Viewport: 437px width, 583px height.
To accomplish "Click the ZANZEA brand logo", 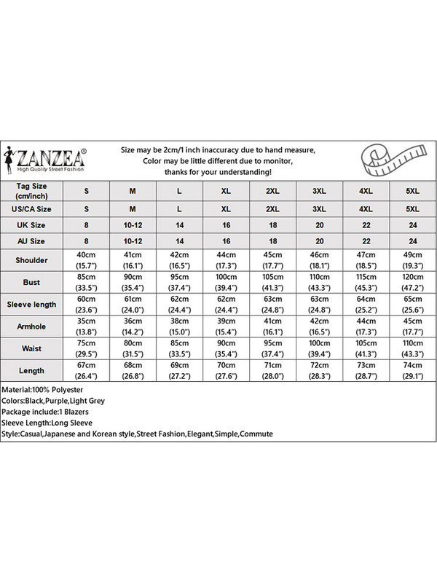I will [x=47, y=158].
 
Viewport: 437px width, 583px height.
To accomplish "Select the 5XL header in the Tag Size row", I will [x=413, y=191].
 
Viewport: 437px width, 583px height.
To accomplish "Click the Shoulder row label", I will [x=31, y=259].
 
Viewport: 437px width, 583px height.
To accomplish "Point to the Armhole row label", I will [x=31, y=326].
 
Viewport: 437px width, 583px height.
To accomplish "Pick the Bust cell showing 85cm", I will [x=86, y=281].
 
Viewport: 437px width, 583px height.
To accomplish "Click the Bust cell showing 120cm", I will [x=413, y=281].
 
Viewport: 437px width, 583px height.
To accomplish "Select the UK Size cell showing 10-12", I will [x=133, y=226].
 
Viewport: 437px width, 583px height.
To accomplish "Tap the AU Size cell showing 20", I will [x=319, y=240].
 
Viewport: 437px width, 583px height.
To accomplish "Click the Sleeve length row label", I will [x=31, y=304].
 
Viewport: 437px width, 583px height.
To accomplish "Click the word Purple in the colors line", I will [x=60, y=401].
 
